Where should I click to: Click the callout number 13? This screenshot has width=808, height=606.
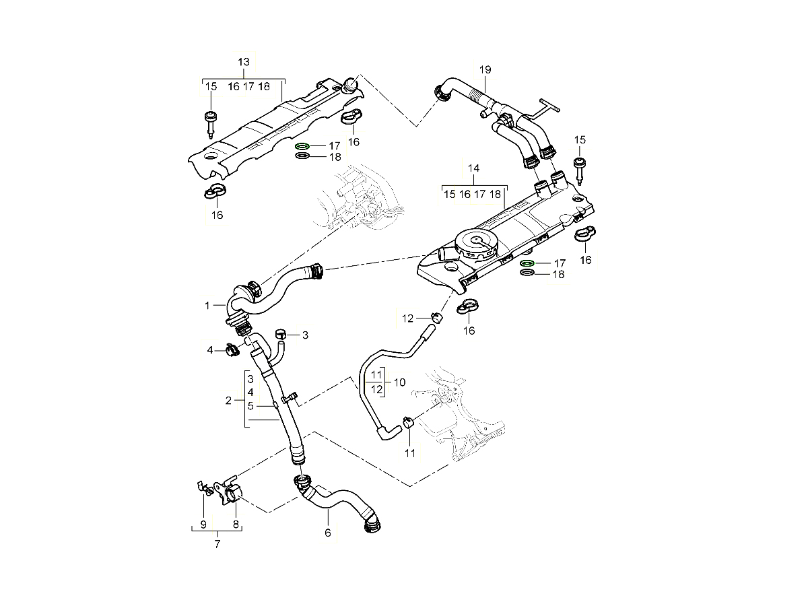(x=244, y=62)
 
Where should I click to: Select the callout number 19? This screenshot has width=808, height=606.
(x=485, y=70)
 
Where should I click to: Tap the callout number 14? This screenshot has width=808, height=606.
(x=473, y=168)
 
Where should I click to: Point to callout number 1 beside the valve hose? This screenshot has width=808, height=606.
(x=208, y=306)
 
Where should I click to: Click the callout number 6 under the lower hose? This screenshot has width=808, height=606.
(x=328, y=533)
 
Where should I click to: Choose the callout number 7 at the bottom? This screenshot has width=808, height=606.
(x=217, y=544)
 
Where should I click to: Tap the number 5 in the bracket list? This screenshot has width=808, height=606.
(x=250, y=405)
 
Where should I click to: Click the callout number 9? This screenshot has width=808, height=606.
(x=203, y=524)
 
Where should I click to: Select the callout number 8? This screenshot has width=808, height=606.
(x=236, y=524)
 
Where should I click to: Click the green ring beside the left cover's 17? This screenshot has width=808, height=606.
(x=303, y=146)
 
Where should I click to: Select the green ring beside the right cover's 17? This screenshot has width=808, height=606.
(x=528, y=263)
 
